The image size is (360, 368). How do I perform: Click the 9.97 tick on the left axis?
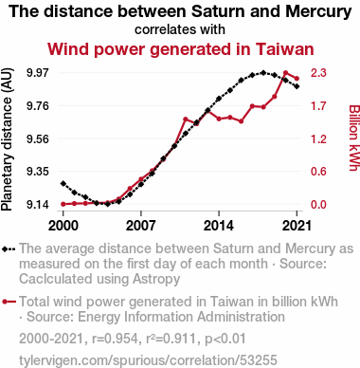click(38, 73)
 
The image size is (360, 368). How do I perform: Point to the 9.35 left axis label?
click(38, 172)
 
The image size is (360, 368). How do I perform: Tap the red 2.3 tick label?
click(318, 73)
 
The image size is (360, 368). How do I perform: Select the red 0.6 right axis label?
click(318, 172)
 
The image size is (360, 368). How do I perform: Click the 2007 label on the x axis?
click(141, 226)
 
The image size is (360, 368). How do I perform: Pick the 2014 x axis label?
click(219, 226)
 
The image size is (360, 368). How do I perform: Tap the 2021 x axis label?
click(297, 226)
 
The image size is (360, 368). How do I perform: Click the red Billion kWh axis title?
click(354, 138)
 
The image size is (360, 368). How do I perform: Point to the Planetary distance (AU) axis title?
click(7, 139)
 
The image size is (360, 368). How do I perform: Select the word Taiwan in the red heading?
click(285, 49)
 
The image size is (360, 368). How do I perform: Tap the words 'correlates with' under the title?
click(180, 29)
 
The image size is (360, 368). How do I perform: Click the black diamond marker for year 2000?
click(63, 183)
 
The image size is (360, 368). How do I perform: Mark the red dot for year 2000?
click(63, 204)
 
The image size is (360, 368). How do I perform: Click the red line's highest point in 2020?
click(286, 73)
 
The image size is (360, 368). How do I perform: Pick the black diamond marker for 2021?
click(297, 86)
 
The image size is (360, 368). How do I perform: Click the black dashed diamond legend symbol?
click(9, 249)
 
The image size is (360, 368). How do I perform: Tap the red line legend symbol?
click(9, 302)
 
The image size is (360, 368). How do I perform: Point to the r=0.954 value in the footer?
click(115, 339)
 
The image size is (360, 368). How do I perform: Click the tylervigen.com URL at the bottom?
click(148, 360)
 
